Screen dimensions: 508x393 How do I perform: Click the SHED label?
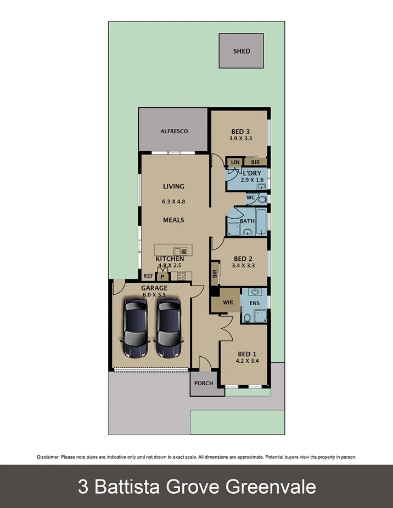coord(242,51)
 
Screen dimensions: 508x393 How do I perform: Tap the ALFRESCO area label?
coord(174,132)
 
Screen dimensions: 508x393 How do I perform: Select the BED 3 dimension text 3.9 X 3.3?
coord(240,139)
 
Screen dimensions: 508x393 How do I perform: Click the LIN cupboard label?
coord(235,162)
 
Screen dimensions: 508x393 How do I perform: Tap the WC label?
coord(250,197)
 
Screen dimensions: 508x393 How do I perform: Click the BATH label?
coord(247,221)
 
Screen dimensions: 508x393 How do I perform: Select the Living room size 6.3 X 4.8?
coord(173,202)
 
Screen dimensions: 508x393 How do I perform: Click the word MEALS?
coord(173,220)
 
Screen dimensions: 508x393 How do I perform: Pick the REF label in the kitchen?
coord(148,277)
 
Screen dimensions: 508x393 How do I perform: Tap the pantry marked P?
coord(162,277)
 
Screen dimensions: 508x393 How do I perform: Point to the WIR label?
coord(228,302)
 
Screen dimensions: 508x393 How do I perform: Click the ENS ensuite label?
coord(254,302)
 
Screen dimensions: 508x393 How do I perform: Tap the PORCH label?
coord(204,383)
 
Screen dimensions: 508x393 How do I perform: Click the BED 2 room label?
coord(243,259)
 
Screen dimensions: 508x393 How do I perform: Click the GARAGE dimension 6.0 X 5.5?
coord(154,295)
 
